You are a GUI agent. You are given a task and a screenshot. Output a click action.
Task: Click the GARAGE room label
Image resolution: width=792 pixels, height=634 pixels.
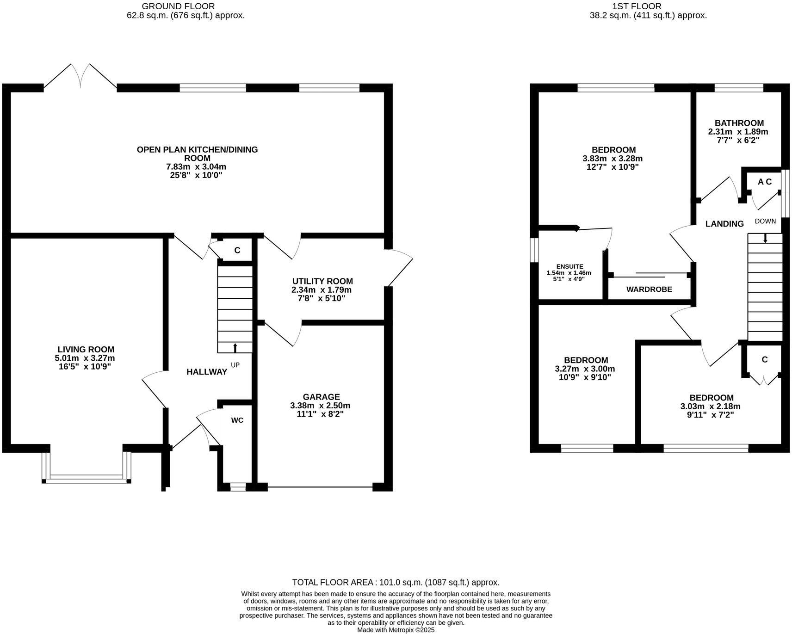coord(321,397)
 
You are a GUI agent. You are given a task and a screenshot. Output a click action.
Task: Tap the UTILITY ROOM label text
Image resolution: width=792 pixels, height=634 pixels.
coord(322,281)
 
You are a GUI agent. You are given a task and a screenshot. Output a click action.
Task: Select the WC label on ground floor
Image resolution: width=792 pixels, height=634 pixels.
coord(237,420)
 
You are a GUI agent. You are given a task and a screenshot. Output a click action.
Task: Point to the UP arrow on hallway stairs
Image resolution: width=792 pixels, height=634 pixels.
coord(235,348)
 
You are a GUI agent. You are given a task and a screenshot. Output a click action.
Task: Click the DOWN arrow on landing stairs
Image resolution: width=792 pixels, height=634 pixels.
coord(765,238)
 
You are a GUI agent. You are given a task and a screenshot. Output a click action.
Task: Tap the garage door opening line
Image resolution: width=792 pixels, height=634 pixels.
coord(320,486)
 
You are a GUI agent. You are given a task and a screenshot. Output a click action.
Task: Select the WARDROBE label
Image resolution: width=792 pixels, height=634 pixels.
coord(649,289)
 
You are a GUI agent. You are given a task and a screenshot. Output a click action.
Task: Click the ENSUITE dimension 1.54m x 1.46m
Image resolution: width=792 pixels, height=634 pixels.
coord(569,273)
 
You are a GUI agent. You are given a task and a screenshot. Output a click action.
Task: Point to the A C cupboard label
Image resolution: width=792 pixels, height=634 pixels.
coord(765,182)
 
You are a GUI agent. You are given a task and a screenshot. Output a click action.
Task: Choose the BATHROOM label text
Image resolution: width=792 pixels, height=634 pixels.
coord(739,123)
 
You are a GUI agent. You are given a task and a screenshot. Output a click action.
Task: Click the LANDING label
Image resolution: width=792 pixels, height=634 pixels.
coord(724,224)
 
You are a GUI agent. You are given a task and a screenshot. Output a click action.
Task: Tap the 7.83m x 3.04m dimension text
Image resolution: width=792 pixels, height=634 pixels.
coord(197,166)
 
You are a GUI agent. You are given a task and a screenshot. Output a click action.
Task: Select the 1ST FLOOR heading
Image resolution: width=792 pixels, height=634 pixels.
coord(636,6)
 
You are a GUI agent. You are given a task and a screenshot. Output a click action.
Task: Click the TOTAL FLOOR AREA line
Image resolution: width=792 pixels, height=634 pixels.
coord(396,582)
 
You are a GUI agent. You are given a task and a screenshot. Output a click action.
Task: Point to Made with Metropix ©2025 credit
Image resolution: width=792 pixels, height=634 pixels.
coord(396,630)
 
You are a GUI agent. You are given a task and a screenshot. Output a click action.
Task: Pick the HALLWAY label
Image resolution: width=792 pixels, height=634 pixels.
coord(207,372)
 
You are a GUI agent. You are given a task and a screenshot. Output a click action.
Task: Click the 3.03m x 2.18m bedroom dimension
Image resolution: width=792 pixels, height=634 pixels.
coord(711,406)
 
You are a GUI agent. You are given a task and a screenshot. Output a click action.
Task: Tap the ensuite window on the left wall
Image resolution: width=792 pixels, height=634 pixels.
coord(534,250)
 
